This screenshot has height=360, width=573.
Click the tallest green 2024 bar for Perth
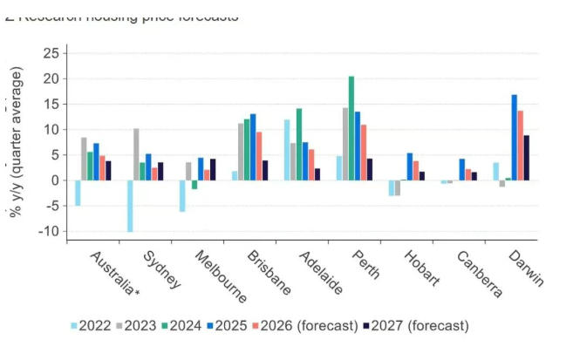click(x=351, y=128)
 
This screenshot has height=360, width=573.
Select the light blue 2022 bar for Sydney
click(x=130, y=206)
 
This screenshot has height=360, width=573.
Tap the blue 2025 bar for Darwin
click(x=515, y=137)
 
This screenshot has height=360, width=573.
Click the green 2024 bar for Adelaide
click(x=299, y=144)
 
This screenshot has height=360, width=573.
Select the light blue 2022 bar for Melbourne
click(x=182, y=195)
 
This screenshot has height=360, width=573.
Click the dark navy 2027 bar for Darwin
click(x=527, y=158)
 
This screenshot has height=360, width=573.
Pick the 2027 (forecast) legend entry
click(x=419, y=326)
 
